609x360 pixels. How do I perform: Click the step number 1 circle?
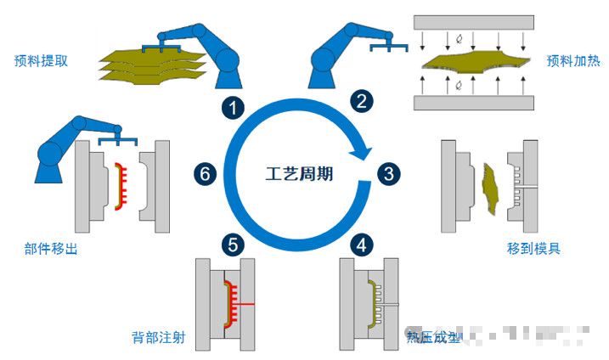pyautogui.click(x=232, y=108)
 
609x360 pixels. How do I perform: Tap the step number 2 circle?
pyautogui.click(x=362, y=102)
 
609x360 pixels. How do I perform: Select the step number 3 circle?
pyautogui.click(x=388, y=174)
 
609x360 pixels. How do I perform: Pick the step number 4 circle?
pyautogui.click(x=362, y=245)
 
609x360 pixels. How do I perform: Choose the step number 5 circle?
pyautogui.click(x=233, y=245)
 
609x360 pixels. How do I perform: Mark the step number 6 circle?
pyautogui.click(x=204, y=174)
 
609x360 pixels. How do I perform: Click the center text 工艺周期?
pyautogui.click(x=299, y=175)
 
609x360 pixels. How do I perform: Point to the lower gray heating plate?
pyautogui.click(x=473, y=103)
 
